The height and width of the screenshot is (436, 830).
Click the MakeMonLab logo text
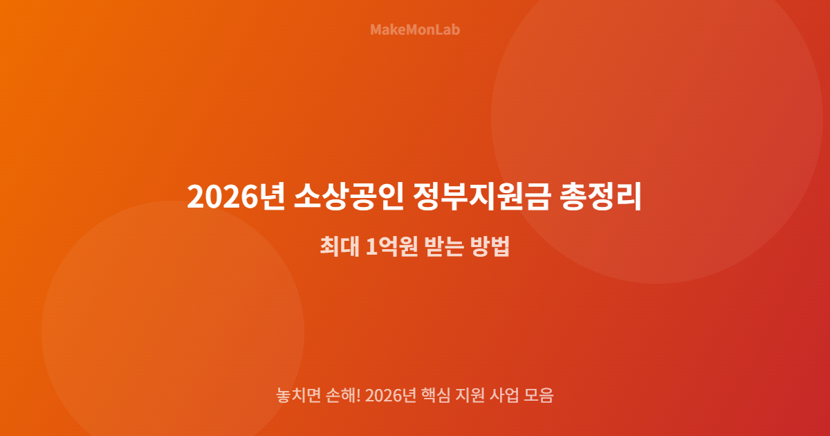[x=415, y=30]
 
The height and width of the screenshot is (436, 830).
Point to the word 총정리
[x=601, y=197]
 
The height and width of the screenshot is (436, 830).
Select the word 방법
[x=490, y=247]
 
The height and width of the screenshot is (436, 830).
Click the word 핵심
[x=436, y=396]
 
